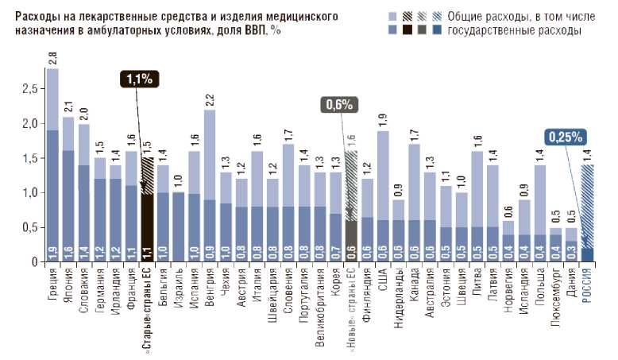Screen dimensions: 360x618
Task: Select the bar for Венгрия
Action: coord(210,191)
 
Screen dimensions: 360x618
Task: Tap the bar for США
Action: coord(383,199)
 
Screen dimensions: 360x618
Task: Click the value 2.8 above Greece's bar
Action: coord(52,58)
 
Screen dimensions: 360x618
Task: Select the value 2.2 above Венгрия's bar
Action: coord(210,99)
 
